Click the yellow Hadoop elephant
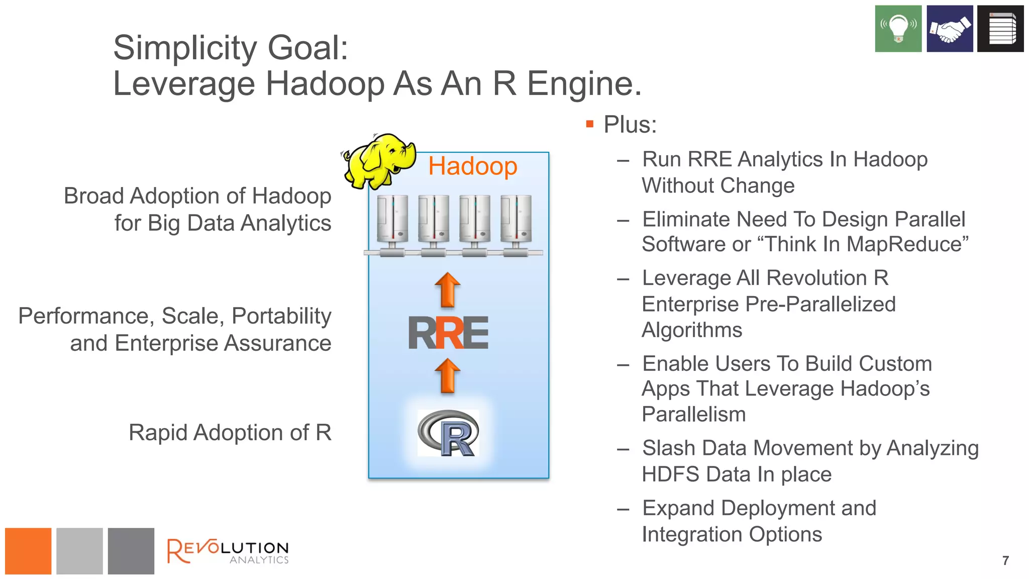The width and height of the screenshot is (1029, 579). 379,161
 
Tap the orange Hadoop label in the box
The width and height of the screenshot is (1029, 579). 472,166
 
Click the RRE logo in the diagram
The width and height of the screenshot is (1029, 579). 448,333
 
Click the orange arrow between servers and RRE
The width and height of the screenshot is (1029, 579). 447,290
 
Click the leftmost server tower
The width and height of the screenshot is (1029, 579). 392,220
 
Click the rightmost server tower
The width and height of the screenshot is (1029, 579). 516,220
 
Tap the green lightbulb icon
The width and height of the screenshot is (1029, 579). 898,29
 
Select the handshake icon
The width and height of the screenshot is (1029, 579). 950,29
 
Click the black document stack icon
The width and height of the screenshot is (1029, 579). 1000,29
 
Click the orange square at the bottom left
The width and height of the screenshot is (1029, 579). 28,551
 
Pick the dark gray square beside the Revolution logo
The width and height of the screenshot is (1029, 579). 131,551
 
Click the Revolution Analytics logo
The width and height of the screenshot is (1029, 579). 228,551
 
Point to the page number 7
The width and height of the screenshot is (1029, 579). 1005,560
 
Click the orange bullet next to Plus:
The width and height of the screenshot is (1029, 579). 590,124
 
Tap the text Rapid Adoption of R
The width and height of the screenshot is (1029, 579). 230,433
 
